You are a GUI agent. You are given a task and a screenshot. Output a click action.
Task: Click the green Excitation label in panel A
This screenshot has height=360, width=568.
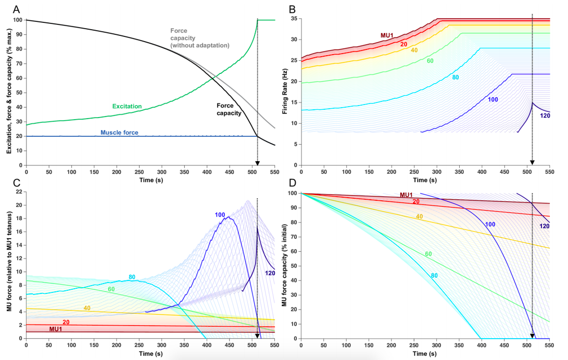click(127, 106)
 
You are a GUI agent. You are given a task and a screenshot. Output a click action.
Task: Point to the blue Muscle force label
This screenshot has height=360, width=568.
click(120, 133)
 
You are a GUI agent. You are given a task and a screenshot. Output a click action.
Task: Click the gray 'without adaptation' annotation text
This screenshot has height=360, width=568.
click(200, 46)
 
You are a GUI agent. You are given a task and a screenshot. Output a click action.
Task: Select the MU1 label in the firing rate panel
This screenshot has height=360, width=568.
click(387, 35)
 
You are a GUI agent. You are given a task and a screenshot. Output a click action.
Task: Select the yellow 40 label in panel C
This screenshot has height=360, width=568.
click(86, 308)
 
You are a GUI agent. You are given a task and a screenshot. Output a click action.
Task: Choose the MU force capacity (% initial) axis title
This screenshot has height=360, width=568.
click(285, 265)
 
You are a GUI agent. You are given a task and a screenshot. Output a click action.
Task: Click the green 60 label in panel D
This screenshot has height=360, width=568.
click(429, 254)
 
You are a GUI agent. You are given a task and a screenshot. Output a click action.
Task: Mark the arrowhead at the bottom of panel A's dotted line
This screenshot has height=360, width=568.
click(257, 163)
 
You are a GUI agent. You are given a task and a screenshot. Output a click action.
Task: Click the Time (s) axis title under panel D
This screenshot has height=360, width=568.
click(425, 354)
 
